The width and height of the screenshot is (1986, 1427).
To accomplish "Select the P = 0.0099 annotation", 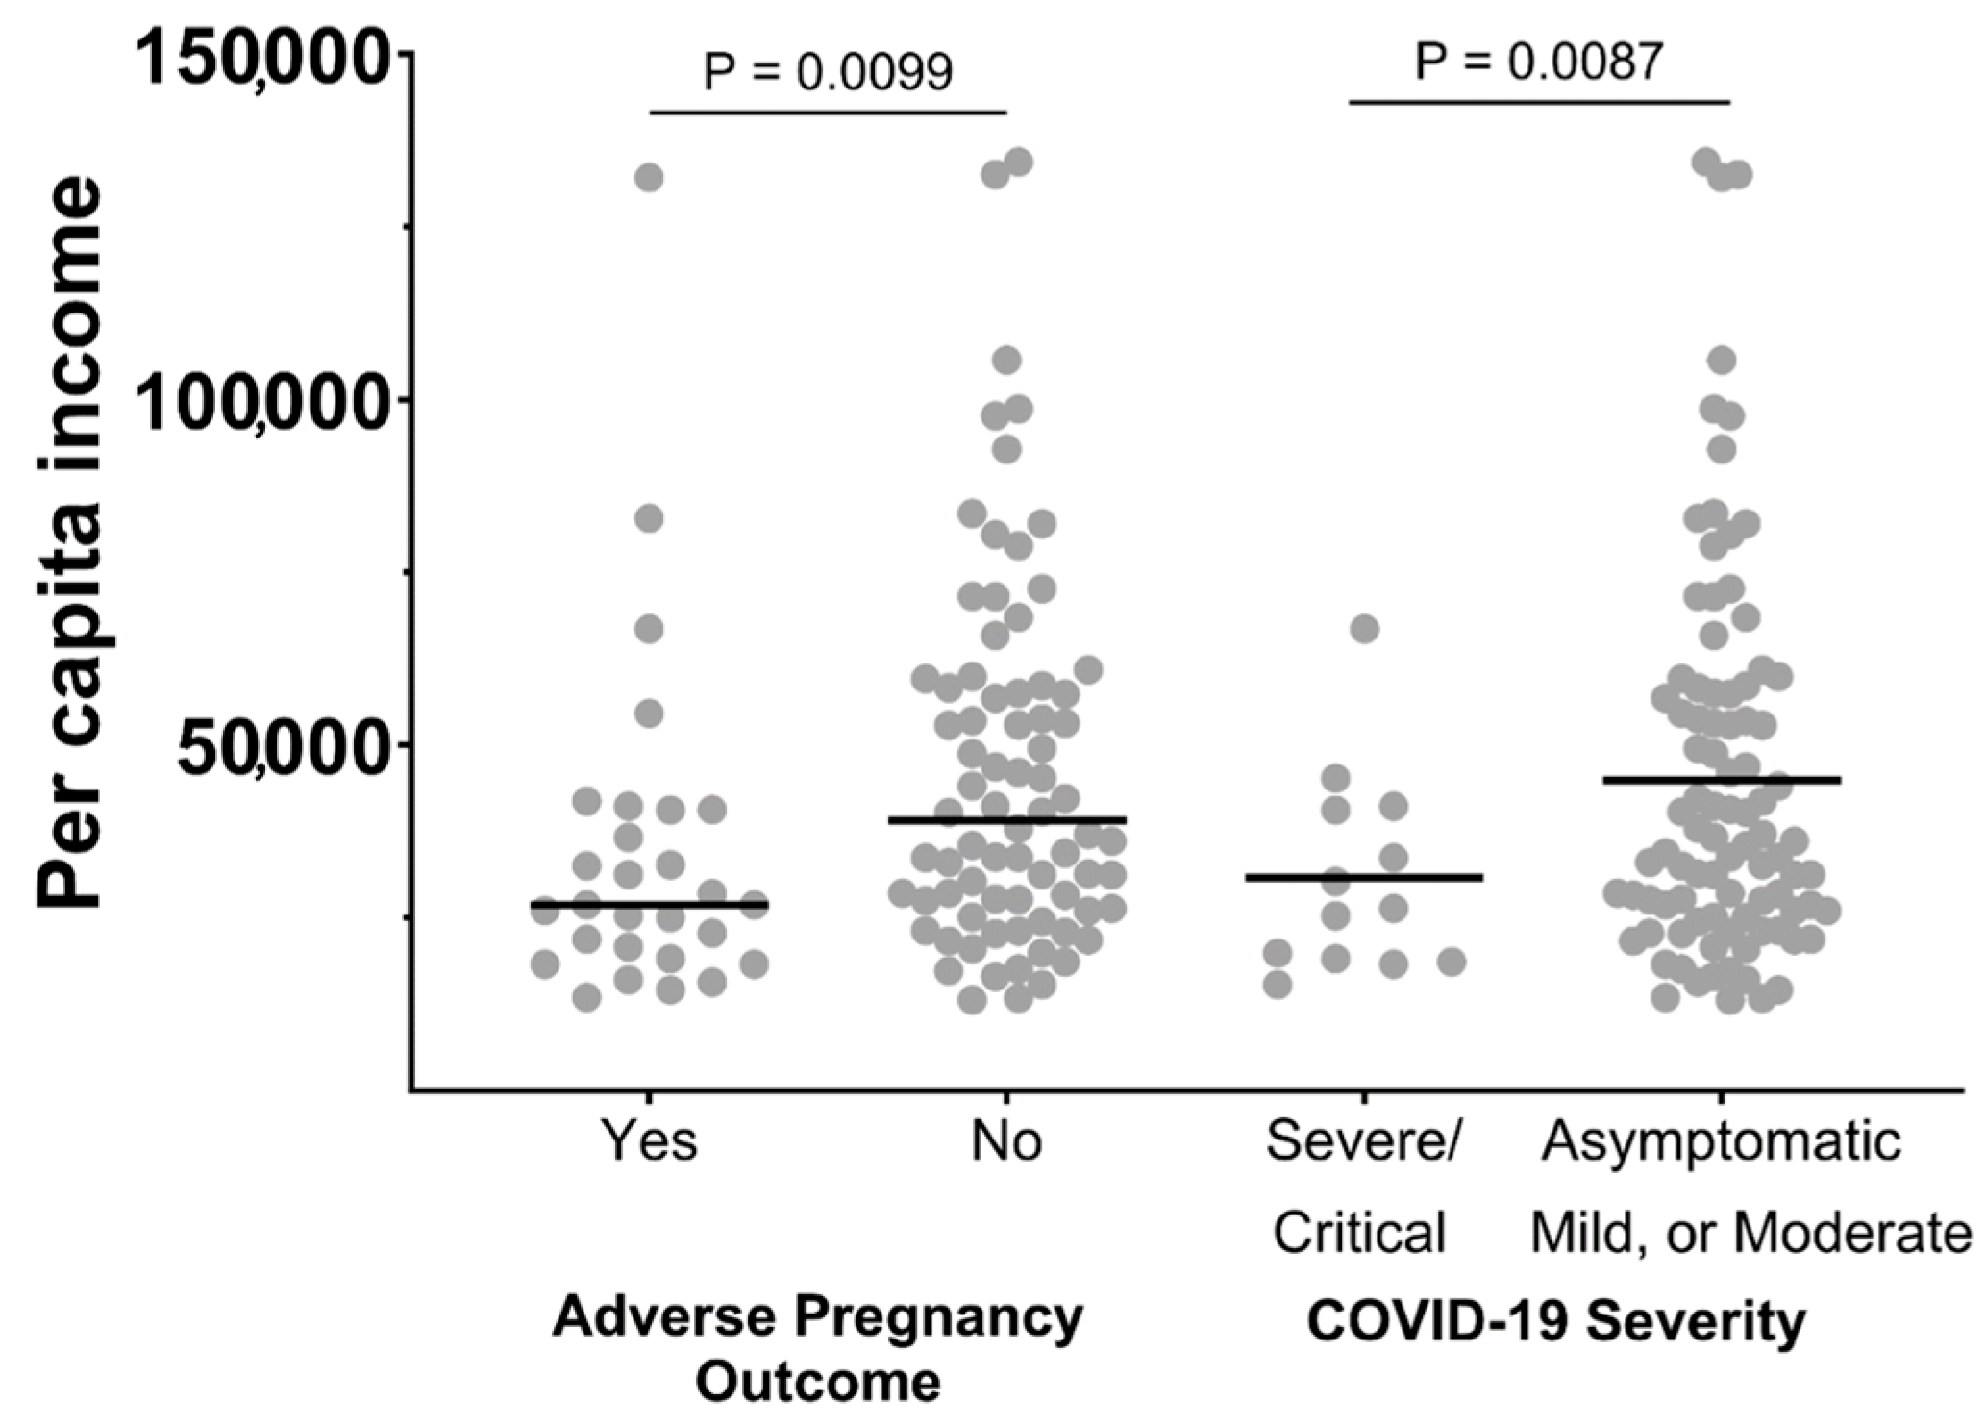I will click(828, 71).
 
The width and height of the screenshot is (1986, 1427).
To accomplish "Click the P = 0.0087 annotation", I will click(1538, 62).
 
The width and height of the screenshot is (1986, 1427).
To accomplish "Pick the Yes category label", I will click(650, 1141).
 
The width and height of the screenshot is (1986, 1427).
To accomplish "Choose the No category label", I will click(1006, 1141).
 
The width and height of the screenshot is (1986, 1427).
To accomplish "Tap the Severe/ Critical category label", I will click(1361, 1187).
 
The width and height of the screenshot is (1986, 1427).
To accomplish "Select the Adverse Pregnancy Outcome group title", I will click(818, 1348).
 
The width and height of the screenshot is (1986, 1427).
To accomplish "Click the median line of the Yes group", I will click(650, 905).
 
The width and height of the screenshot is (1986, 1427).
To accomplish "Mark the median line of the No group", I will click(1006, 820).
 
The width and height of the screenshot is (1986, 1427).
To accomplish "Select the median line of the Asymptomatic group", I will click(1721, 780).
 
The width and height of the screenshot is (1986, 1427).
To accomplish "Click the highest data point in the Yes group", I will click(650, 178).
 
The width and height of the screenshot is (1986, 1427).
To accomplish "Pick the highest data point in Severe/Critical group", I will click(1364, 630).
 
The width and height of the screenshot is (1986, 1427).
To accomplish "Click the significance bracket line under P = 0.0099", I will click(828, 112).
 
